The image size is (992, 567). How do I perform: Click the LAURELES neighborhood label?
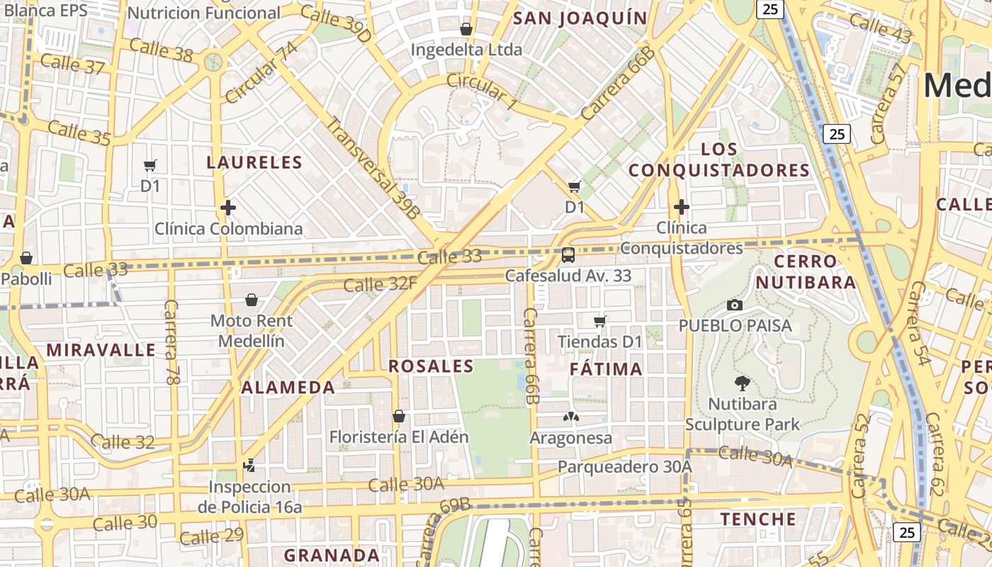[254, 162]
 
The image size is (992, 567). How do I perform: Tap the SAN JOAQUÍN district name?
[580, 18]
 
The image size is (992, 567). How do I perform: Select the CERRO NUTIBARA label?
[806, 271]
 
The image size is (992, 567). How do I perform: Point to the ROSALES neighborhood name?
[431, 366]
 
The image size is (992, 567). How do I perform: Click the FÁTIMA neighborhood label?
[606, 369]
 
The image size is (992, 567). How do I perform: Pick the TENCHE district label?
[758, 519]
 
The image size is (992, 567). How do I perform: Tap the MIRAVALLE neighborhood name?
[101, 350]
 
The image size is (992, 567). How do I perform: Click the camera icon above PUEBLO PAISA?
[735, 305]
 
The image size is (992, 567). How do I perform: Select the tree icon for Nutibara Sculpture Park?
[742, 383]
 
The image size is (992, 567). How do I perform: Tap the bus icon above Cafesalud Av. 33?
[568, 255]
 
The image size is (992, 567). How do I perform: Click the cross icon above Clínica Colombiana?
[227, 208]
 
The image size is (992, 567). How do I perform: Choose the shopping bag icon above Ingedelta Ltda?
[466, 29]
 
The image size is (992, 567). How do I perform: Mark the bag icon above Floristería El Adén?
[399, 415]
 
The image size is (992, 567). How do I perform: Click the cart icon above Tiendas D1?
[600, 321]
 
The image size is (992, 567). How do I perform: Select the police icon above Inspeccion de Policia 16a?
[249, 466]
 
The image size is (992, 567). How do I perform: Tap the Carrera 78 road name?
[171, 342]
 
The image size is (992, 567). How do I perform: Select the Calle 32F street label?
[380, 284]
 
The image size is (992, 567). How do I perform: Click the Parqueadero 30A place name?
[624, 466]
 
